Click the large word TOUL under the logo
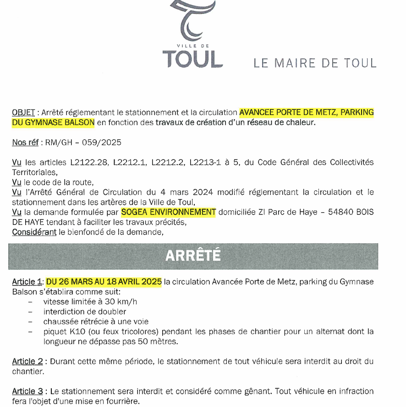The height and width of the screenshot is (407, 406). point(192,59)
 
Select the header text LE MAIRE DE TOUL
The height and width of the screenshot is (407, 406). point(315,63)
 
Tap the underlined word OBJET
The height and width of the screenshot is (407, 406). point(23,112)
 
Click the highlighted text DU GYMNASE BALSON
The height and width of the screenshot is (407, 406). point(53,122)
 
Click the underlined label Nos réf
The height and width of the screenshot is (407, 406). point(25,143)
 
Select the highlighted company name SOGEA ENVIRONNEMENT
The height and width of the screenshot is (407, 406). point(168,212)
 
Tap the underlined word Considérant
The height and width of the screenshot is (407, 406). point(34,232)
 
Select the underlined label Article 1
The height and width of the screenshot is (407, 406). point(27,282)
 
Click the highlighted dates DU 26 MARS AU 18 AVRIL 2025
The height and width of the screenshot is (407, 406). point(104,282)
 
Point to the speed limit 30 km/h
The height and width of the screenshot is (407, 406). point(121,302)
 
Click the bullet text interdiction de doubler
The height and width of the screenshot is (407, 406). point(85,312)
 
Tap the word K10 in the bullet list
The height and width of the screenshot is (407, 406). point(76,331)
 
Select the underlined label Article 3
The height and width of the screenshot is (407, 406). point(27,391)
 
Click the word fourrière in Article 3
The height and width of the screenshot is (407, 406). point(123,401)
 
